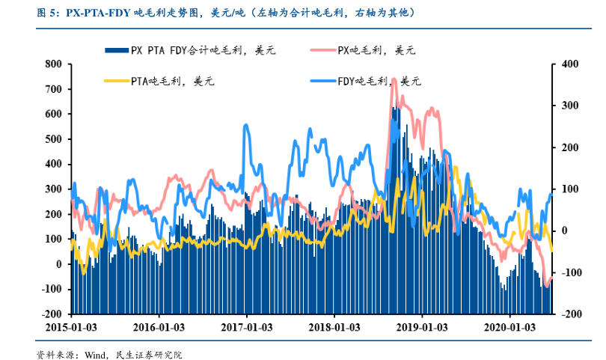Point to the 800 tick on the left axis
coord(53,64)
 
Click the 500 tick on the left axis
coord(53,139)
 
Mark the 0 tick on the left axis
coord(58,264)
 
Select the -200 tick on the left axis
coord(50,314)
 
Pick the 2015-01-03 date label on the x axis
coord(70,328)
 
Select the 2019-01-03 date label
coord(422,328)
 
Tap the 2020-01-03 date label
coord(509,328)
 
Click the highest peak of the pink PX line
coord(394,79)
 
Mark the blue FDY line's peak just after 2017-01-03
coord(245,126)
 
